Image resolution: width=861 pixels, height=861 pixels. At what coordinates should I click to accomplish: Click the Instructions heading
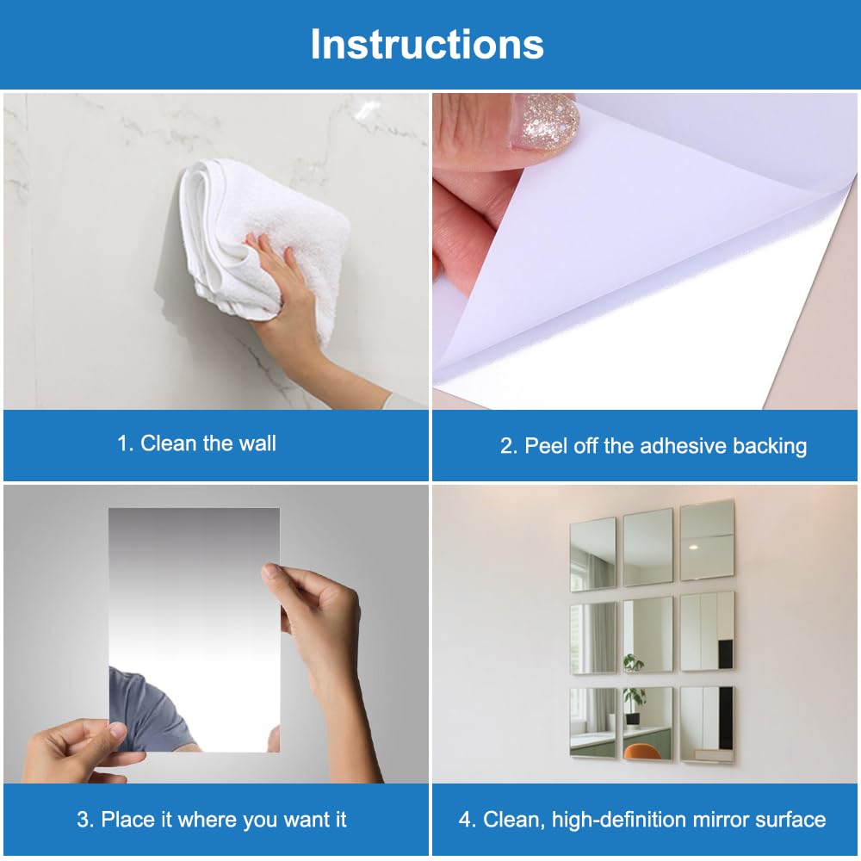[427, 44]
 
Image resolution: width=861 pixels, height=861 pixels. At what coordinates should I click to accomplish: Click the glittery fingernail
[546, 122]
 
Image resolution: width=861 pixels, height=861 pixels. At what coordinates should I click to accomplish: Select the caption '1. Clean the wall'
[196, 443]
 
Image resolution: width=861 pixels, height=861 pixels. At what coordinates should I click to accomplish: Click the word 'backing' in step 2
[770, 446]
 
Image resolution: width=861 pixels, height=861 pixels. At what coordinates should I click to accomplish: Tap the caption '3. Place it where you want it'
[212, 820]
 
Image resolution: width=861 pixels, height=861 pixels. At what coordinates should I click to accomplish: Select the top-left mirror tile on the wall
[592, 554]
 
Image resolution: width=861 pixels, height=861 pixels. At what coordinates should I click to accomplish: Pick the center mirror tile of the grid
[648, 635]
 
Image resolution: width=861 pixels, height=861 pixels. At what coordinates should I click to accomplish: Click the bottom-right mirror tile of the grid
[707, 724]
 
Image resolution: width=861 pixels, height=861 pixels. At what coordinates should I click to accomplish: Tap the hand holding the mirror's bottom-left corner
[83, 753]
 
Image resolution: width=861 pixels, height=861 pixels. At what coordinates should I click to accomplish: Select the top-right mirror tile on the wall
[707, 541]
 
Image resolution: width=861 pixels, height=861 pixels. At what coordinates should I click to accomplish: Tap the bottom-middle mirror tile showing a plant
[648, 724]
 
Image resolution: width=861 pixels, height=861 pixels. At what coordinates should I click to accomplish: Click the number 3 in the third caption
[83, 820]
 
